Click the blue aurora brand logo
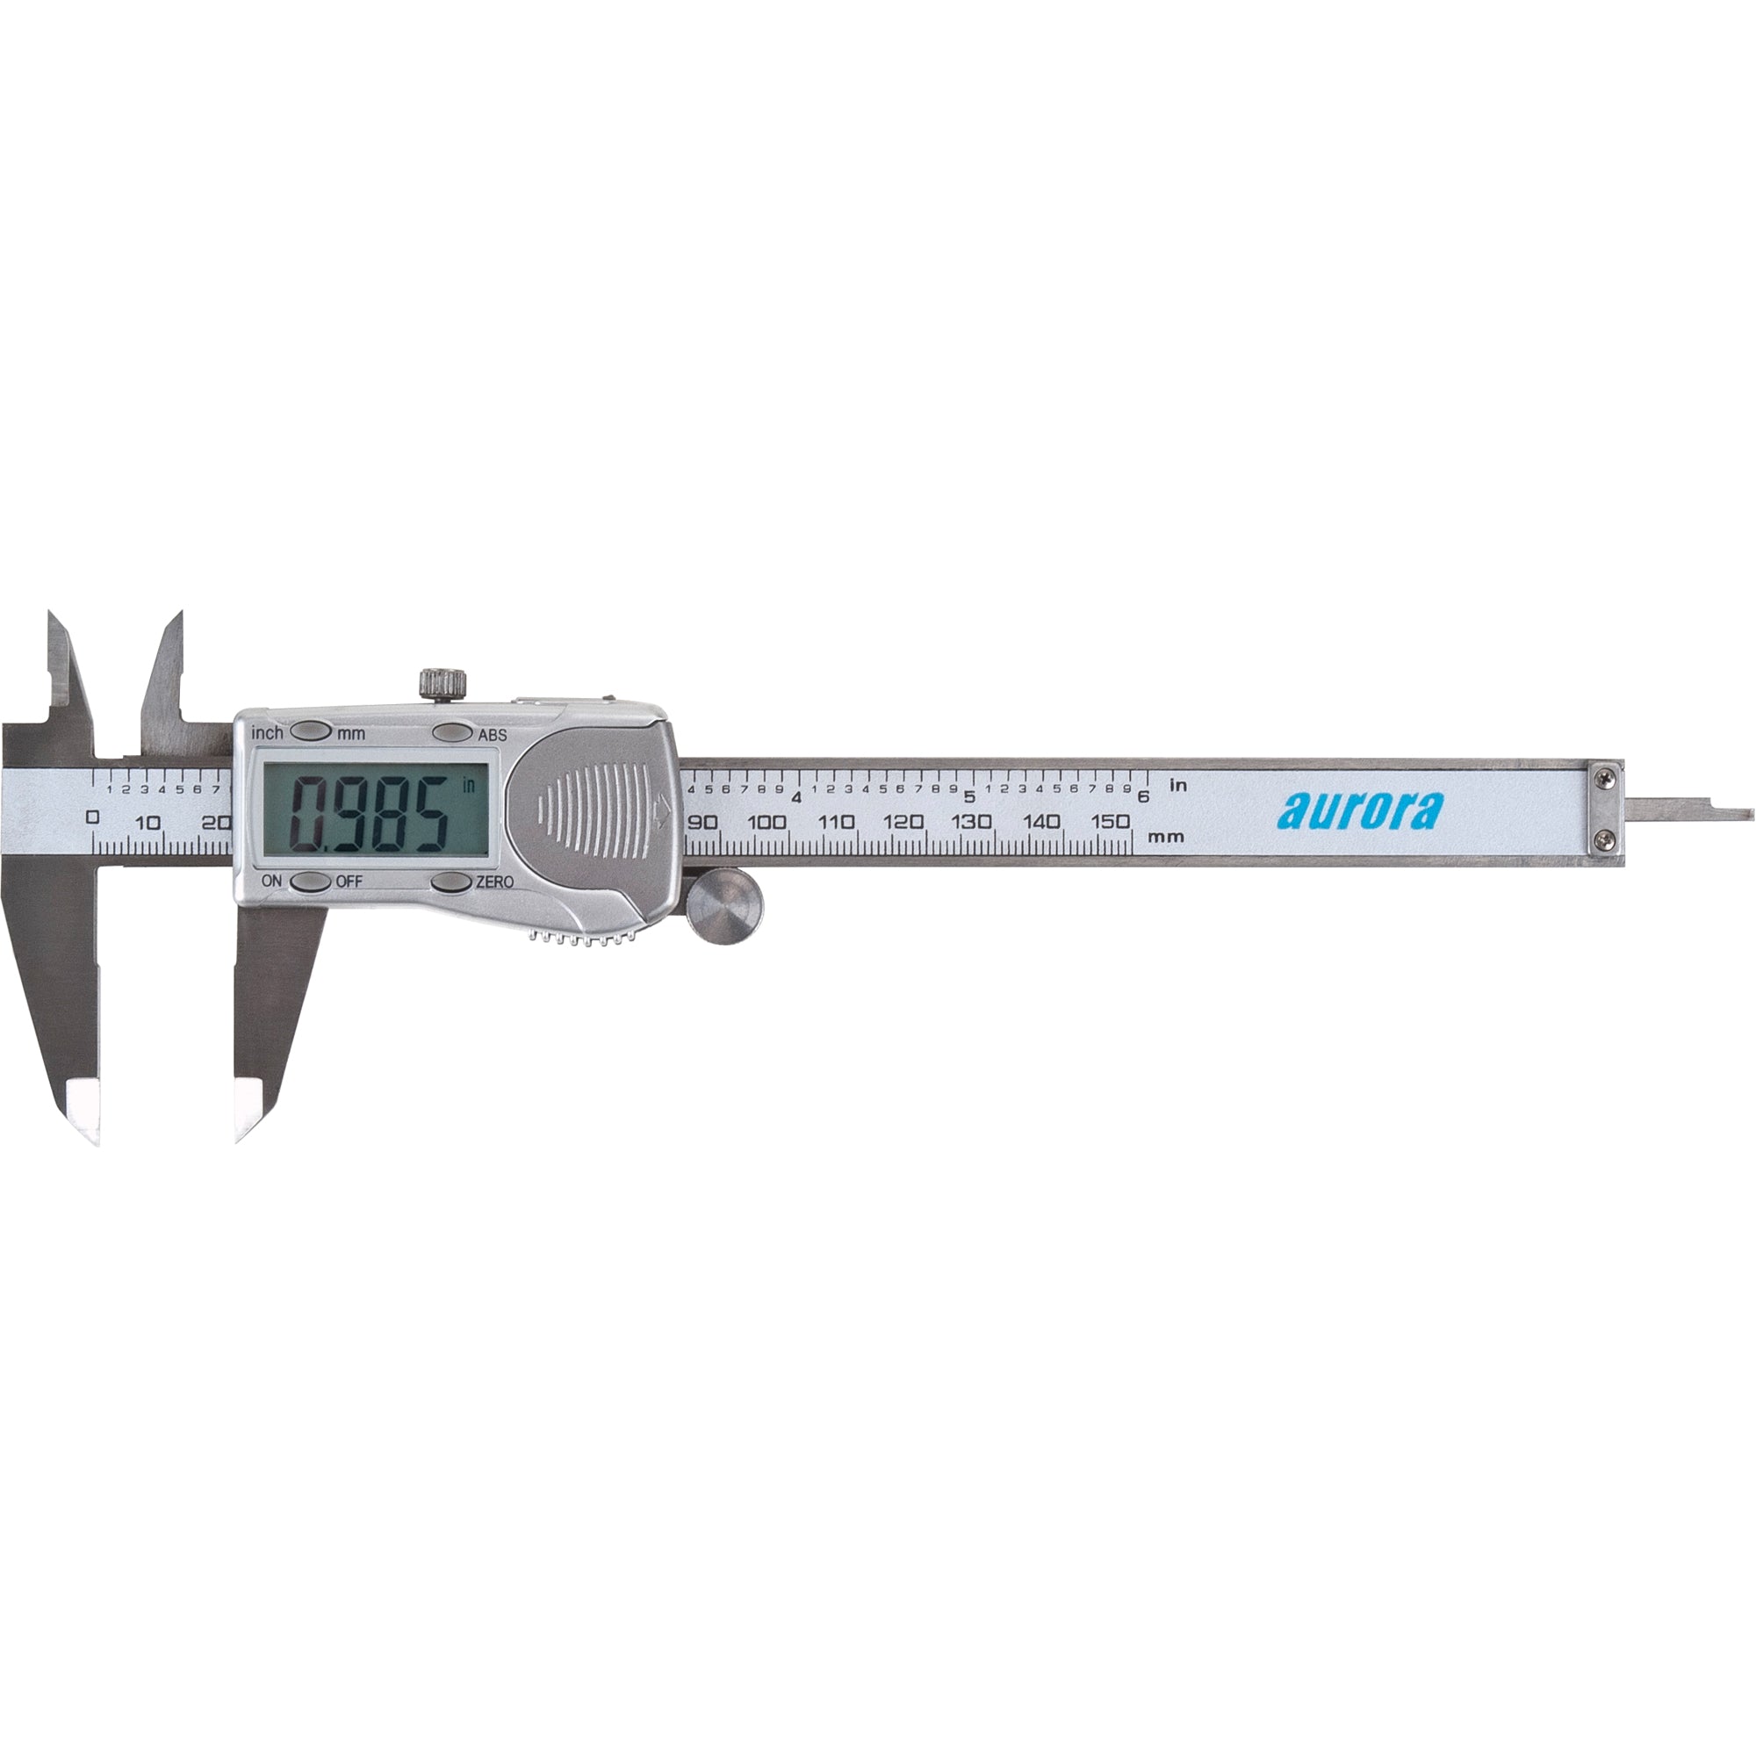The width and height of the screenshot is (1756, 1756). tap(1359, 811)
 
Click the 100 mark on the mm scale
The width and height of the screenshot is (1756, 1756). tap(767, 823)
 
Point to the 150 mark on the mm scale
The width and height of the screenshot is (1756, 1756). tap(1110, 822)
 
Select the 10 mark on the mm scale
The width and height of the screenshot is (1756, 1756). tap(148, 824)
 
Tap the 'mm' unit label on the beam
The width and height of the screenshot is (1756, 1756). tap(1166, 836)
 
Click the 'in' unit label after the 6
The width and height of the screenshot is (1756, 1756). tap(1178, 785)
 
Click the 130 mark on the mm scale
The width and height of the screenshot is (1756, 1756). tap(972, 822)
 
